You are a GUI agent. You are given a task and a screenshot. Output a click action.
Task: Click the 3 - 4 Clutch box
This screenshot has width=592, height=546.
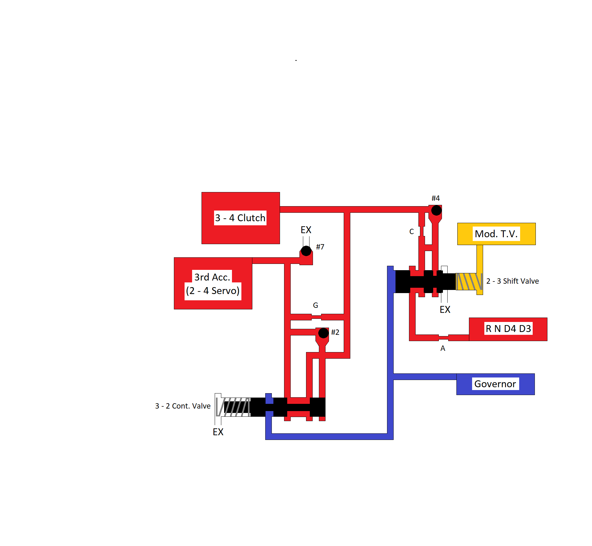tap(240, 218)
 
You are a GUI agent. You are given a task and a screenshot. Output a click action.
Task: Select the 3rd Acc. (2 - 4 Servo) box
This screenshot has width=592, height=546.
tap(213, 283)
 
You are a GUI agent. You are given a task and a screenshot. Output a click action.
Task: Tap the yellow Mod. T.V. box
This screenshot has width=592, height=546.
tap(496, 234)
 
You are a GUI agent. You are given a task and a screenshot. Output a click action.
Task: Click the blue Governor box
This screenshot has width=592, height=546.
tap(495, 384)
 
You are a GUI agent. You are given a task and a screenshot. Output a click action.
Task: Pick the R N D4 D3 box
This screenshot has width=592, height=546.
tap(508, 329)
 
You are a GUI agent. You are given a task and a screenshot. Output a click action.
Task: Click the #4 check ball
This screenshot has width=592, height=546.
tap(436, 210)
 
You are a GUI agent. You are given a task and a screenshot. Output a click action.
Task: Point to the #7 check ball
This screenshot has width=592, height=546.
tap(306, 251)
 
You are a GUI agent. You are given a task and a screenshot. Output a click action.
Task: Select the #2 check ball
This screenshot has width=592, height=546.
tap(323, 333)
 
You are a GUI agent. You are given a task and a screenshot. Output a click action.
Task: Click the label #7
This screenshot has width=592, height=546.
tap(320, 247)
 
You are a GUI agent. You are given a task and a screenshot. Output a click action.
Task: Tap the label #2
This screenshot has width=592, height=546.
tap(335, 332)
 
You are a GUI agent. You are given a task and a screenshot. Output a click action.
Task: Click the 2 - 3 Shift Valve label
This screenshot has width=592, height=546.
tap(512, 281)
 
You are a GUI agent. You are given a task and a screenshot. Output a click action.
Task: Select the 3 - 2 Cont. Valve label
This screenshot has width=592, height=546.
tap(183, 406)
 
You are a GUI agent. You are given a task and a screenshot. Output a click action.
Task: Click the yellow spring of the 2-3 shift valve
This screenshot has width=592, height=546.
tap(469, 281)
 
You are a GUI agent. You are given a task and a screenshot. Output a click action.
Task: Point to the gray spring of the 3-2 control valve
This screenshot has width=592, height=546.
tap(234, 407)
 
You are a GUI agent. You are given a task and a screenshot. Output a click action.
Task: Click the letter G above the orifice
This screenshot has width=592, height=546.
tap(315, 305)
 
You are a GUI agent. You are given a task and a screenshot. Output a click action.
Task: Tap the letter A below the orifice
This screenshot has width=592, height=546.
tap(443, 348)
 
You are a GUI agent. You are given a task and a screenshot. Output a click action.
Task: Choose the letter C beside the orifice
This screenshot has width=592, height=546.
tap(412, 232)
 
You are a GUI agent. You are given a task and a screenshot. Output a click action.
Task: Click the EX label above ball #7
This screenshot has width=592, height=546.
tap(306, 230)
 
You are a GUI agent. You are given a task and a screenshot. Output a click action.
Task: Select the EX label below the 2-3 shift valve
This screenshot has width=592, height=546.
tap(445, 310)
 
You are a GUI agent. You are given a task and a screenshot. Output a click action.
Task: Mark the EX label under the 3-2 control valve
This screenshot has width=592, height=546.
tap(218, 432)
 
